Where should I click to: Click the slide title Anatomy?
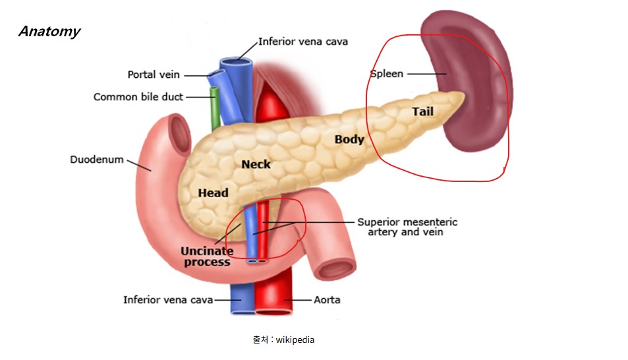49,31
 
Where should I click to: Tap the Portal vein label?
154,75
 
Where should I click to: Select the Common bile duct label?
138,97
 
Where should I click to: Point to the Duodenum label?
96,160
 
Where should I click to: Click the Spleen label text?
387,74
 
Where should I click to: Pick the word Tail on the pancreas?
423,111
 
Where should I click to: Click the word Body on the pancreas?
349,139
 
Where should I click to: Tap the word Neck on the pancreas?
256,164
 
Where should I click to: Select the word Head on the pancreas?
213,193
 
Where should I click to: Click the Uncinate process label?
207,256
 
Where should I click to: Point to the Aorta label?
327,300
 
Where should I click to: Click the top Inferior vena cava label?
303,41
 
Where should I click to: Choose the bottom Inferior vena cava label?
168,300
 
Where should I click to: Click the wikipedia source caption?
283,340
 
